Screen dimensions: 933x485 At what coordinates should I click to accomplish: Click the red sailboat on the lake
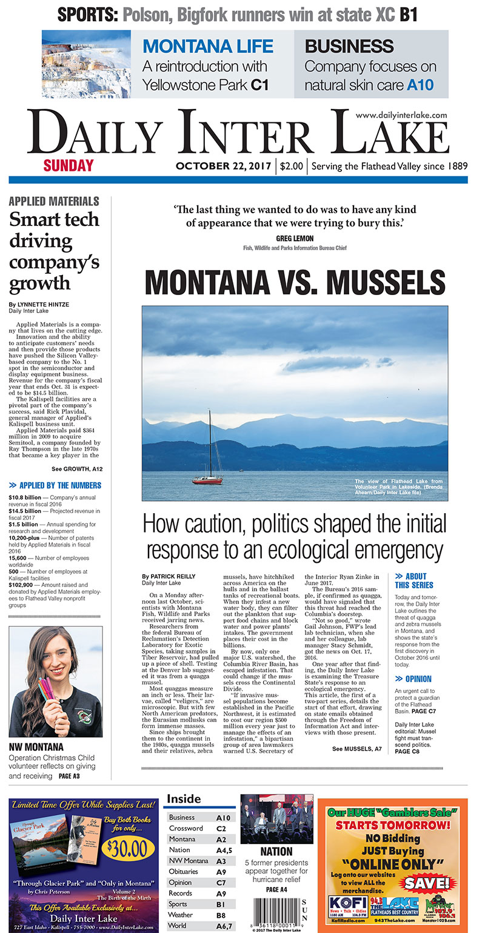tap(207, 480)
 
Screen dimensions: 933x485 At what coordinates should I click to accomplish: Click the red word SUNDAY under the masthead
tap(69, 165)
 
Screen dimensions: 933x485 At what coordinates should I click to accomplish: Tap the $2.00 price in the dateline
tap(292, 166)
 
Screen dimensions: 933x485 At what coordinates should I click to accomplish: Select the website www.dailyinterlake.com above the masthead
tap(401, 115)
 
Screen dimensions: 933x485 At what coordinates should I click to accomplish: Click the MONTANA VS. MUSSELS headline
tap(295, 284)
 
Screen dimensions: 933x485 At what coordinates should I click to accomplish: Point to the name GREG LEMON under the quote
tap(295, 238)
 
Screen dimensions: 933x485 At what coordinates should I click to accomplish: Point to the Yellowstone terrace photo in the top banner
tap(86, 64)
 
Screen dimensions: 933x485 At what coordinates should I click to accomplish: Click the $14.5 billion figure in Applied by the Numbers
tap(25, 511)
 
